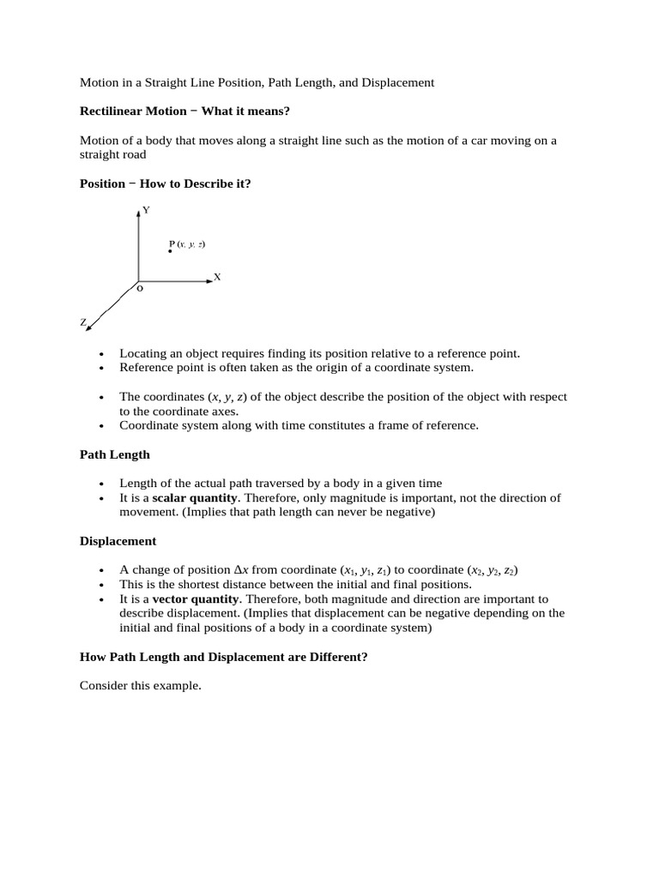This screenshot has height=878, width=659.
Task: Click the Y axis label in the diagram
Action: coord(146,210)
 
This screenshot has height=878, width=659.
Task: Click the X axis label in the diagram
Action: coord(217,277)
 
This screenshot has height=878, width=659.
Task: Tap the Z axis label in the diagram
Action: coord(83,322)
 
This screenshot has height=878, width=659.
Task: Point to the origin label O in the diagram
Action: coord(140,290)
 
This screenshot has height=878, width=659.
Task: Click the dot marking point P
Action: coord(170,251)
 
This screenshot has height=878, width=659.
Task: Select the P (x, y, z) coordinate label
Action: coord(187,244)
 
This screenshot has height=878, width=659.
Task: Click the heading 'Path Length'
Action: coord(115,454)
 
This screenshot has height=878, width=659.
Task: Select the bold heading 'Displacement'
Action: coord(118,541)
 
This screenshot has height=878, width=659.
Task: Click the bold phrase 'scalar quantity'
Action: coord(195,498)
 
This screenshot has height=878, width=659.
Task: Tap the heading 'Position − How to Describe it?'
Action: coord(165,183)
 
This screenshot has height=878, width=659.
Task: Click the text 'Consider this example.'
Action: coord(140,685)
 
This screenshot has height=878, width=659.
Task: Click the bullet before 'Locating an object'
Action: coord(101,354)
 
